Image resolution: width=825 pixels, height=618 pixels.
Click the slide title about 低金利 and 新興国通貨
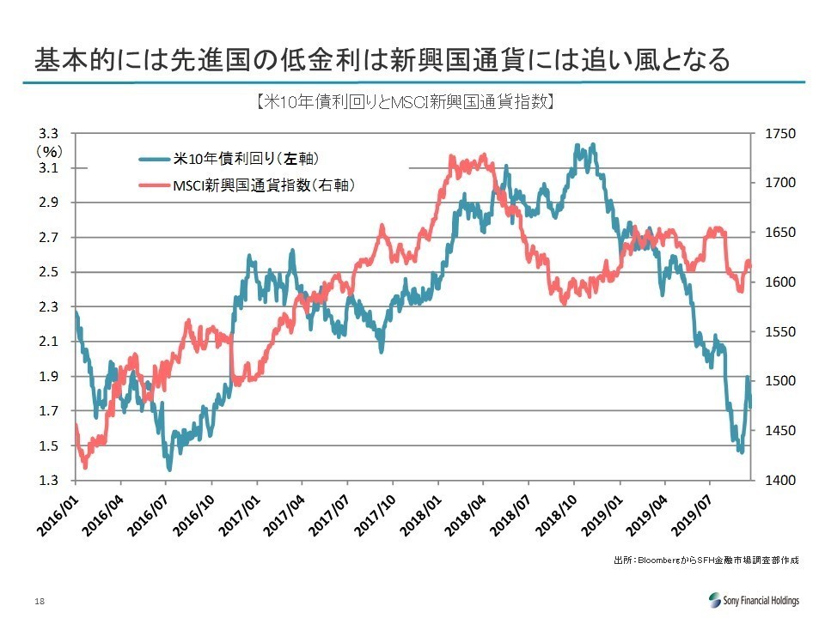[382, 59]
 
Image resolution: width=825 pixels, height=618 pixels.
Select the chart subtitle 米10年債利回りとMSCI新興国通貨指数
[405, 101]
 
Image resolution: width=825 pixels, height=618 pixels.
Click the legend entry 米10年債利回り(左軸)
[229, 158]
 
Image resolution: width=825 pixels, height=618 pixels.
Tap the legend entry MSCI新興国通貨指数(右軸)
[247, 185]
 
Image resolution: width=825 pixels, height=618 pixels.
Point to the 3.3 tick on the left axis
[48, 134]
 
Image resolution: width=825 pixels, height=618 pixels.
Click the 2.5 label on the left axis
[48, 272]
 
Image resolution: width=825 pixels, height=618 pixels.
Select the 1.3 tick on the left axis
[48, 481]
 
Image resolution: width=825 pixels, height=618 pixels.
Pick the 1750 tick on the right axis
[779, 134]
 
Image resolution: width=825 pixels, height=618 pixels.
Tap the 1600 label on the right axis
[779, 282]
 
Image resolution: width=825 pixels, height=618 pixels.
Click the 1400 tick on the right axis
[779, 481]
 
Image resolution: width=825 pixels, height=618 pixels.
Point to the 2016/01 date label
[58, 516]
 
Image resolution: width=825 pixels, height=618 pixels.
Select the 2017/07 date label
[330, 516]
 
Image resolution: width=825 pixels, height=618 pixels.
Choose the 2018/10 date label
[557, 516]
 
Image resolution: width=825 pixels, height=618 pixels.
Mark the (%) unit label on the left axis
[50, 152]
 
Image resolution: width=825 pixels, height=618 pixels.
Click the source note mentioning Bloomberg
[706, 560]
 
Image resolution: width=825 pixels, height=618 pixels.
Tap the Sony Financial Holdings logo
[754, 600]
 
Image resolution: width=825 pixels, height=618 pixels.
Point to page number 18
[40, 601]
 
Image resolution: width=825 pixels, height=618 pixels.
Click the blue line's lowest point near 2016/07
[169, 470]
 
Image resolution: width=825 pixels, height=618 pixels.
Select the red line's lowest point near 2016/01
[85, 467]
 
